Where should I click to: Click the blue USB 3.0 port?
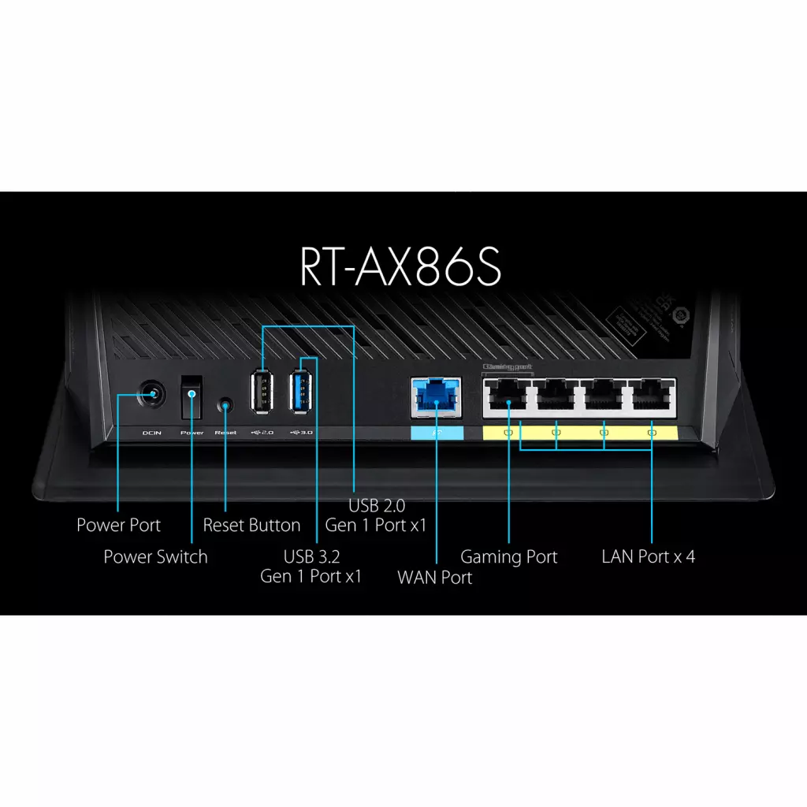[302, 389]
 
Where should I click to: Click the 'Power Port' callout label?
[118, 525]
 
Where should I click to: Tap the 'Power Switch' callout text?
[155, 556]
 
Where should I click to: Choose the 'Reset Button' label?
[251, 525]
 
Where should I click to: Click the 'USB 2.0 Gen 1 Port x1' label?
[376, 515]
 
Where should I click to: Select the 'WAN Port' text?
[434, 577]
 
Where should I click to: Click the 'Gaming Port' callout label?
[508, 556]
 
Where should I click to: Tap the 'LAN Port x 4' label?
[648, 556]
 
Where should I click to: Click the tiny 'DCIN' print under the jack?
[151, 433]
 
